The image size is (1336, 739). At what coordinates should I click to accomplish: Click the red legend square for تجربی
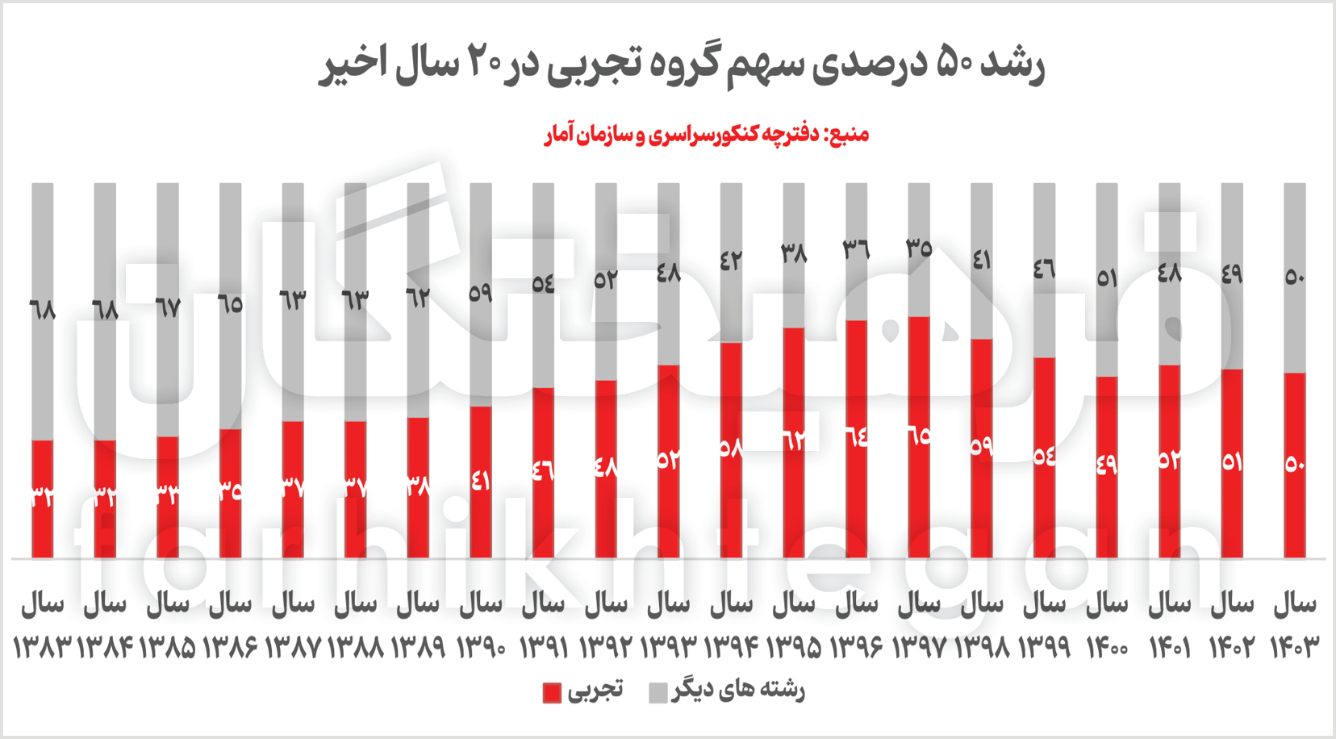552,692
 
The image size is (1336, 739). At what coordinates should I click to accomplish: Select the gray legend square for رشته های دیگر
658,692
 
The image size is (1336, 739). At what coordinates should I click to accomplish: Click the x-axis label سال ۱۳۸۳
43,624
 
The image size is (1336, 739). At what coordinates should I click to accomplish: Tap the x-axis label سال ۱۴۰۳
1294,624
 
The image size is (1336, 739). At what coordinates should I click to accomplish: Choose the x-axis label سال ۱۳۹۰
481,624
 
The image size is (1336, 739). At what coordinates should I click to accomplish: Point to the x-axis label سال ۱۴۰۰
1107,624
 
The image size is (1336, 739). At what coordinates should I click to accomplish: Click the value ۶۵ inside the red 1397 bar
919,436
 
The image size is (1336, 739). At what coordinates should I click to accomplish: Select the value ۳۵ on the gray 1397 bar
919,248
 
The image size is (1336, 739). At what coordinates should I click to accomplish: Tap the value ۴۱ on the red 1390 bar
481,481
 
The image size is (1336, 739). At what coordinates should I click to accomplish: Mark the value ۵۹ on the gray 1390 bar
481,293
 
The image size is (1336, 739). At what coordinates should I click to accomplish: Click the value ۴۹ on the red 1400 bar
1107,464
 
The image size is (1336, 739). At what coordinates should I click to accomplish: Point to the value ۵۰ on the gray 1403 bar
1294,277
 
